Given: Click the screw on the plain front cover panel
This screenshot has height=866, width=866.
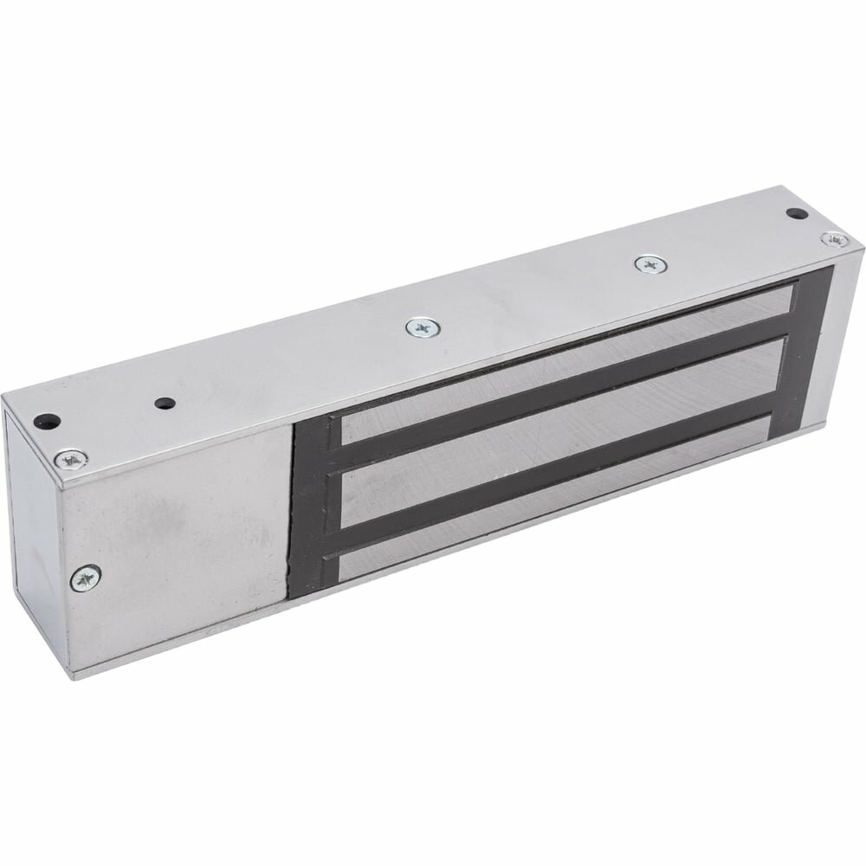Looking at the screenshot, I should pyautogui.click(x=87, y=574).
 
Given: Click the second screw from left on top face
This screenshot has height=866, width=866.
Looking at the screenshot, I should pyautogui.click(x=423, y=327).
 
